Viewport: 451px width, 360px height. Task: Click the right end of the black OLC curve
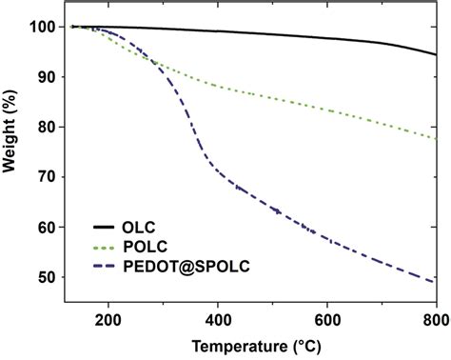(x=437, y=55)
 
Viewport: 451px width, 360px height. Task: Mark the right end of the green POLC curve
(x=437, y=139)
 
